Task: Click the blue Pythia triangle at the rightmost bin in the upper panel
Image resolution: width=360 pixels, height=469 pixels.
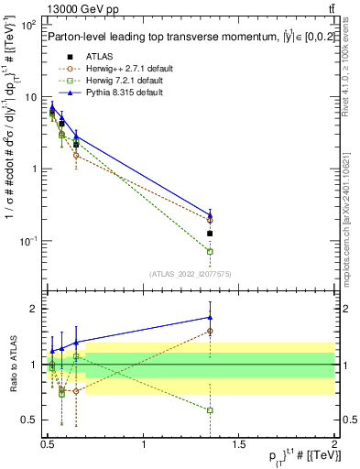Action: pyautogui.click(x=210, y=215)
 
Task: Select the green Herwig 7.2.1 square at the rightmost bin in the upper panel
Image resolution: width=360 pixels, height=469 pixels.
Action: pyautogui.click(x=210, y=251)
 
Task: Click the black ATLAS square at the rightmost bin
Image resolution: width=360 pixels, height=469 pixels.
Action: pyautogui.click(x=210, y=234)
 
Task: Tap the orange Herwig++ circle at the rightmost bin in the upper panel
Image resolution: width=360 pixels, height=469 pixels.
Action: pyautogui.click(x=210, y=220)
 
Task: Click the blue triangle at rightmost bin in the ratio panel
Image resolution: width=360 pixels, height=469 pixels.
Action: pyautogui.click(x=210, y=317)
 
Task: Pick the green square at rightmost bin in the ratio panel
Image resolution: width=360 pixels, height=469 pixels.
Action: pyautogui.click(x=210, y=410)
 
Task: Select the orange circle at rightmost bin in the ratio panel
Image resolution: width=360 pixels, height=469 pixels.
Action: pyautogui.click(x=210, y=331)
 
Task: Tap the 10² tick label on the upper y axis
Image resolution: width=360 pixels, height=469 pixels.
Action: pyautogui.click(x=28, y=25)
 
